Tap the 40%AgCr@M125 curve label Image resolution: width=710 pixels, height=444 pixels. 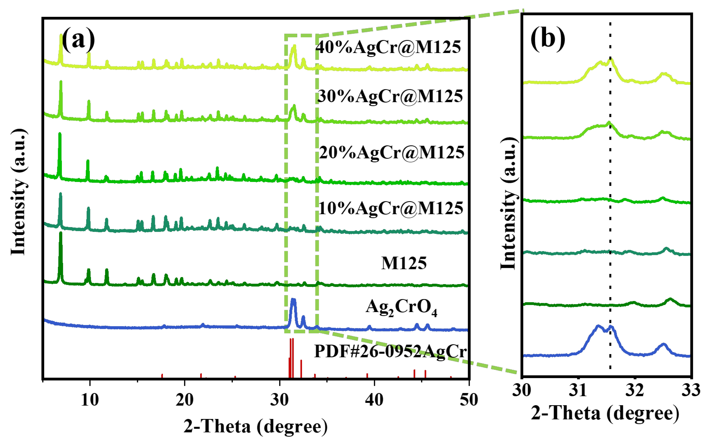click(x=388, y=47)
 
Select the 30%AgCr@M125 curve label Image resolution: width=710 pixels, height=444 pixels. click(x=390, y=96)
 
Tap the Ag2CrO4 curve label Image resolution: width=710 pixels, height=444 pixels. click(x=401, y=308)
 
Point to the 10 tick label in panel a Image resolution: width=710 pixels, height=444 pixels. click(x=90, y=400)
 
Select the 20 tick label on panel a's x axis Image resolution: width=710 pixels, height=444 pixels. click(x=185, y=400)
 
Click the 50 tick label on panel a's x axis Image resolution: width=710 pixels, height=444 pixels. click(x=469, y=400)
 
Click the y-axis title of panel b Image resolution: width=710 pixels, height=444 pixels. click(x=508, y=203)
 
